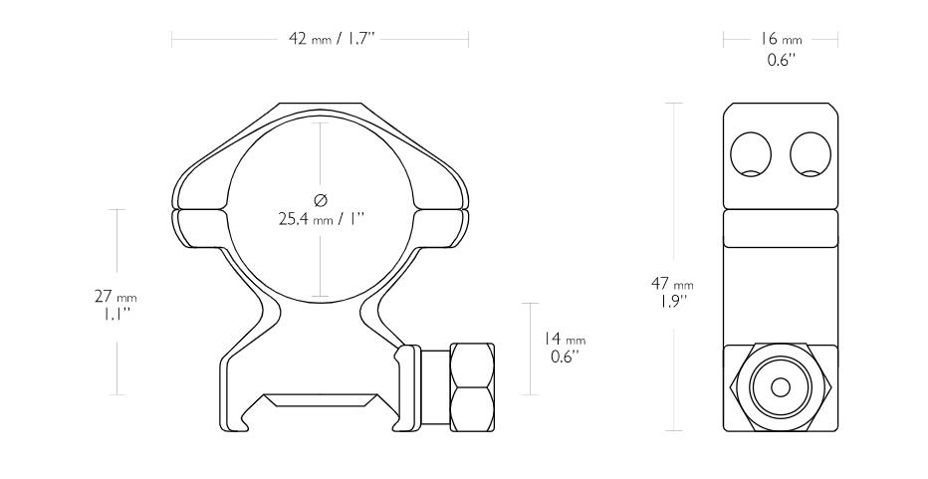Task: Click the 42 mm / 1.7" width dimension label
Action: (332, 39)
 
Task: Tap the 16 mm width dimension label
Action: (781, 39)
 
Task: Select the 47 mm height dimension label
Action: (672, 284)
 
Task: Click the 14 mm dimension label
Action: (565, 339)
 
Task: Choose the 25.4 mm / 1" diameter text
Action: (321, 219)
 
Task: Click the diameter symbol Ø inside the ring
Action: (321, 200)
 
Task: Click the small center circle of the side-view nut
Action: (781, 387)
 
